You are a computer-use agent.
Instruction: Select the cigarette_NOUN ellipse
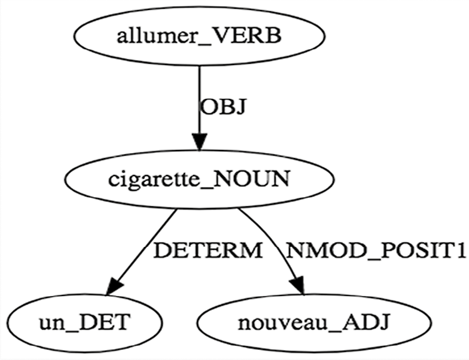(199, 179)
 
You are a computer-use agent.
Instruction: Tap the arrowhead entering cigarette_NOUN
(199, 141)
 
